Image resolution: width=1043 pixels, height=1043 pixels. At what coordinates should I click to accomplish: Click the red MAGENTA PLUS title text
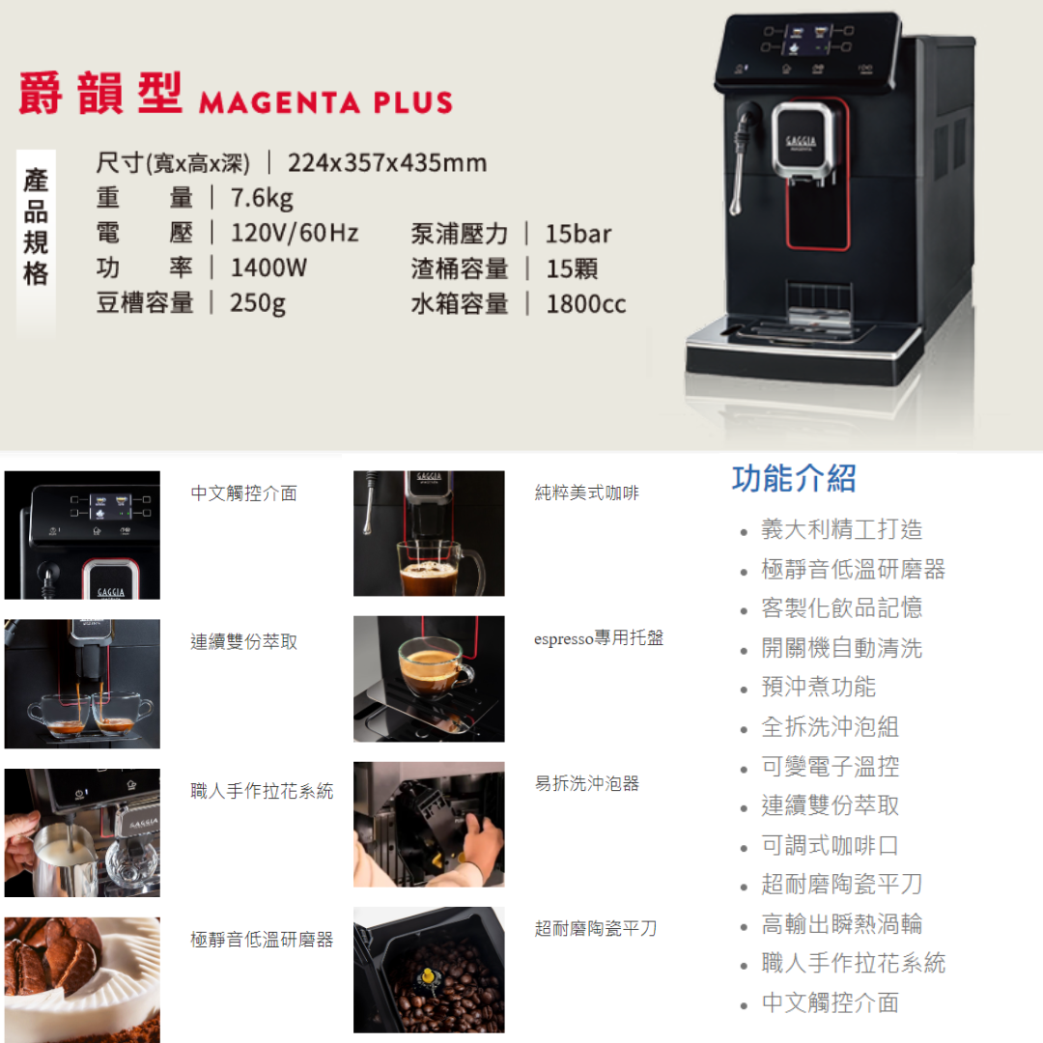[x=325, y=102]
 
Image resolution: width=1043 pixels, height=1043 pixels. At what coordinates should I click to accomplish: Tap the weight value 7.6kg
[x=262, y=198]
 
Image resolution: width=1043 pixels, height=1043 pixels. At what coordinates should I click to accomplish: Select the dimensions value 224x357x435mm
[x=387, y=162]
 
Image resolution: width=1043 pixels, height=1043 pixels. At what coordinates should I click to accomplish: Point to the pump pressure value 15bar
[x=578, y=234]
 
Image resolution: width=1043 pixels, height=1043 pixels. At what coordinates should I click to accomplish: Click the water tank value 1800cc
[x=586, y=304]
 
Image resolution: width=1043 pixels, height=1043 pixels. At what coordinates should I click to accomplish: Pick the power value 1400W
[x=268, y=268]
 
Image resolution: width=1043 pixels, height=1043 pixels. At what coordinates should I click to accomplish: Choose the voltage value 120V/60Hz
[x=295, y=233]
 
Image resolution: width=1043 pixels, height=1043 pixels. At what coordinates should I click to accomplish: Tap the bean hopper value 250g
[x=258, y=303]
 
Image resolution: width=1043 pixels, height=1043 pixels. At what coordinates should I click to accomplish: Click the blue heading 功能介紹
[x=794, y=478]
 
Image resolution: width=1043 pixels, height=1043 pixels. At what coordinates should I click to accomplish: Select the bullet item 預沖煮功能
[x=818, y=687]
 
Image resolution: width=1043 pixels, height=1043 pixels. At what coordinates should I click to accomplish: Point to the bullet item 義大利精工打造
[x=841, y=529]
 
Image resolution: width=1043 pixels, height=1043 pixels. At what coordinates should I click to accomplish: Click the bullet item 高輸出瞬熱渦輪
[x=841, y=924]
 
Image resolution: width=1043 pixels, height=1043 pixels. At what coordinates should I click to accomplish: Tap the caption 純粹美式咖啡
[x=587, y=493]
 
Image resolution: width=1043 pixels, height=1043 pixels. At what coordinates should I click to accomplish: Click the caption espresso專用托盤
[x=599, y=638]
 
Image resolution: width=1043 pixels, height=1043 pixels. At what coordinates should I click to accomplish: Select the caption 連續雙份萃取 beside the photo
[x=244, y=642]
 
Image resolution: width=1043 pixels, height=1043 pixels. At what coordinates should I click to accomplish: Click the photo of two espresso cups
[x=82, y=684]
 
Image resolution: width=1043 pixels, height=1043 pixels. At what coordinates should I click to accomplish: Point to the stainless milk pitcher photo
[x=82, y=832]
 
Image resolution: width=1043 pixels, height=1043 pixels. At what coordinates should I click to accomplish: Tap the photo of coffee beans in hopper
[x=429, y=970]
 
